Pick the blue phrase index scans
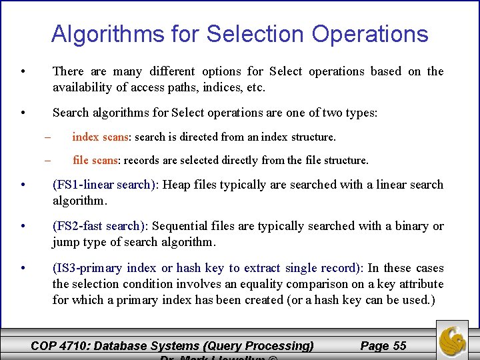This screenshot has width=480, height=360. tap(100, 137)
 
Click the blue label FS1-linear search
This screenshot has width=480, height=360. tap(104, 185)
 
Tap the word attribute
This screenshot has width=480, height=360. tap(419, 284)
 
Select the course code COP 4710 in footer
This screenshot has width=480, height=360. tap(61, 345)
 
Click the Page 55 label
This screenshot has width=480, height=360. tap(383, 345)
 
